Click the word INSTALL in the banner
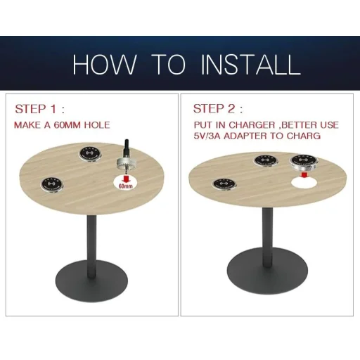[x=250, y=65]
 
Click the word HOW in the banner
[x=105, y=65]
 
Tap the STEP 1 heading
[x=39, y=109]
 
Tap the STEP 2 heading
[x=218, y=109]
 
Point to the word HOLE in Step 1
[x=97, y=125]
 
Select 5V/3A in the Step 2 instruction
[x=207, y=136]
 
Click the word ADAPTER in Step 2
[x=245, y=136]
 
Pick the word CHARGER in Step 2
[x=252, y=125]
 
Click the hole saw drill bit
[x=127, y=157]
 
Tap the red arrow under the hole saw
[x=127, y=179]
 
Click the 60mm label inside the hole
[x=125, y=186]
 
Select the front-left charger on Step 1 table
[x=51, y=184]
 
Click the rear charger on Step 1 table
[x=90, y=153]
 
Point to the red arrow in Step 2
[x=304, y=175]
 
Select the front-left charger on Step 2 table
[x=224, y=184]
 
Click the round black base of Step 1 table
[x=91, y=281]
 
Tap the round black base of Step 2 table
[x=267, y=269]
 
